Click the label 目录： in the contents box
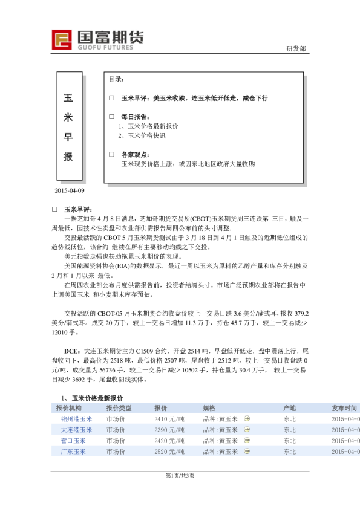pos(117,79)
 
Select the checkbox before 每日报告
pos(111,116)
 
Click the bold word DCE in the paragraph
pos(71,350)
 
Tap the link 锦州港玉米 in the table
pos(77,419)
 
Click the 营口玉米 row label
pos(73,441)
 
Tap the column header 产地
pos(290,408)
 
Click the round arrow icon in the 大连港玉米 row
pos(246,430)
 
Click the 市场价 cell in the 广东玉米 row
pos(116,452)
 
